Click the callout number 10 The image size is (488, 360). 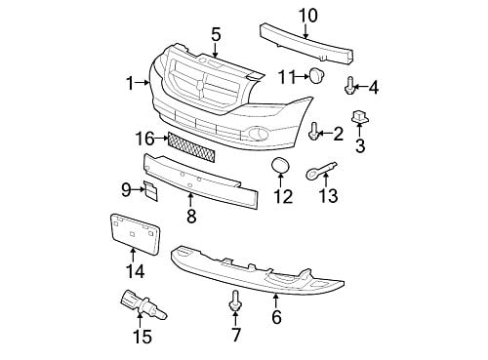click(x=307, y=16)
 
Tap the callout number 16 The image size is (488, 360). click(x=145, y=139)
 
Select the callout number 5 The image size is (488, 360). click(x=216, y=34)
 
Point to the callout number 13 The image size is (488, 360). click(x=328, y=196)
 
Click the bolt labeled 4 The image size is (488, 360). click(x=349, y=85)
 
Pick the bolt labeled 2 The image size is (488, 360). click(x=313, y=131)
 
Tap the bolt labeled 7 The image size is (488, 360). click(x=235, y=300)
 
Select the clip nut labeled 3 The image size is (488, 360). click(x=359, y=117)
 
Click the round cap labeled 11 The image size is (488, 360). click(x=316, y=75)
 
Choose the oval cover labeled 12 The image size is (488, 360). click(x=280, y=166)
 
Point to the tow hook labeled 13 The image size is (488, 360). click(x=320, y=170)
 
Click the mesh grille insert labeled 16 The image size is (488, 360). click(x=191, y=147)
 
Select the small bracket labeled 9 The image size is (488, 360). click(x=150, y=191)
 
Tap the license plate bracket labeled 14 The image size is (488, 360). click(x=135, y=233)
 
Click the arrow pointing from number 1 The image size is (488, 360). click(x=142, y=83)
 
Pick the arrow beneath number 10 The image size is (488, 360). click(x=305, y=31)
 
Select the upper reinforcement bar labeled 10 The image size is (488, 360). click(x=306, y=44)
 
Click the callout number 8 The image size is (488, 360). click(x=191, y=217)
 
